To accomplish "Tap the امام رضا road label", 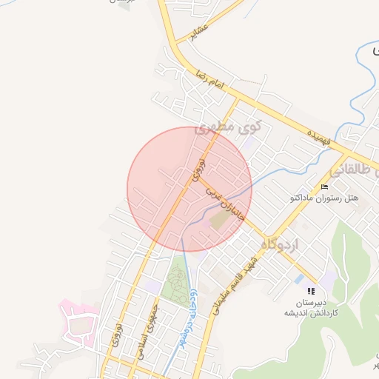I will click(x=209, y=81).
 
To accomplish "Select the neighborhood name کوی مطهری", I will click(x=224, y=128).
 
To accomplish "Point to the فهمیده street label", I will click(x=321, y=138).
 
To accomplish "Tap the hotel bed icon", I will click(x=325, y=186).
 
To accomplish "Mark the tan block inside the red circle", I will click(x=220, y=221).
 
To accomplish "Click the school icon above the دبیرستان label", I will click(x=312, y=291).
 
